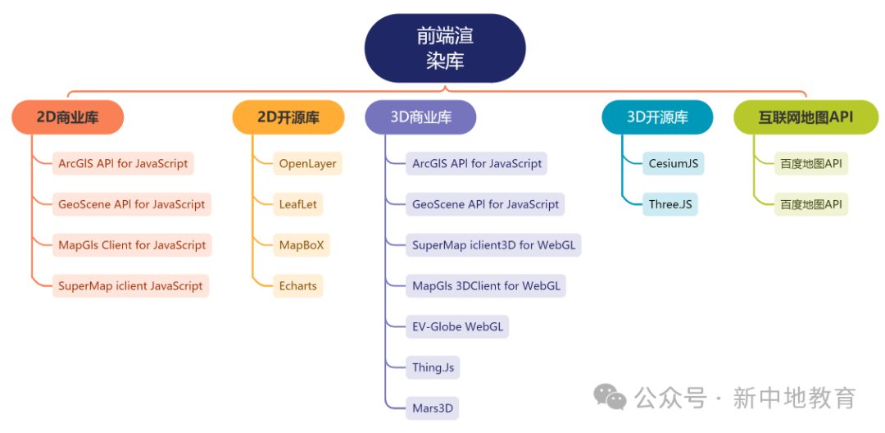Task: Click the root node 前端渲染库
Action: (445, 48)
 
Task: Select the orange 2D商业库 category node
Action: (68, 117)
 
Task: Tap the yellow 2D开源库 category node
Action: (288, 117)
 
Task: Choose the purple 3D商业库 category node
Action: (420, 117)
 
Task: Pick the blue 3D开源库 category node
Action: (657, 117)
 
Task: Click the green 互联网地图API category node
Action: (806, 117)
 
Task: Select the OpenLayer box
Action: (307, 163)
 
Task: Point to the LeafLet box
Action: (297, 204)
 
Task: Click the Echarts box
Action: (297, 285)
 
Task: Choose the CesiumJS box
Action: (674, 163)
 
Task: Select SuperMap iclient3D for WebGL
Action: (493, 244)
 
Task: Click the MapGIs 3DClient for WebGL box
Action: (486, 285)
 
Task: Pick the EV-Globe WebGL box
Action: (457, 326)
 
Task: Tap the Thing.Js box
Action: (433, 367)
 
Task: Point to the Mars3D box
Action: (433, 408)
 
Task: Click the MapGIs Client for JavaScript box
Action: (132, 244)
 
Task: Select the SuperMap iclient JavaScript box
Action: (130, 285)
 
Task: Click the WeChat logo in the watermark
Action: (610, 398)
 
